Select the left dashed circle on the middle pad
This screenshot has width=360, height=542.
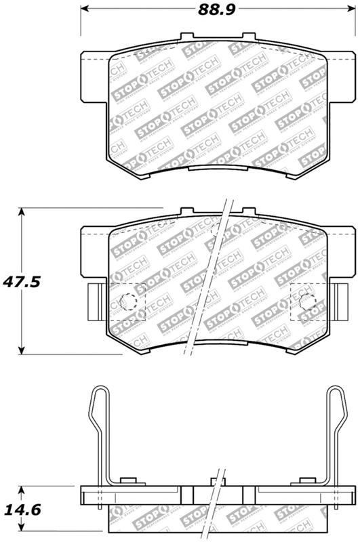click(126, 301)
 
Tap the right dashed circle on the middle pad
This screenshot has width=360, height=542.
click(307, 301)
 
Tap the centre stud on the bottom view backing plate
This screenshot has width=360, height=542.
click(217, 482)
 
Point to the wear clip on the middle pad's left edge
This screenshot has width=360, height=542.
click(94, 297)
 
